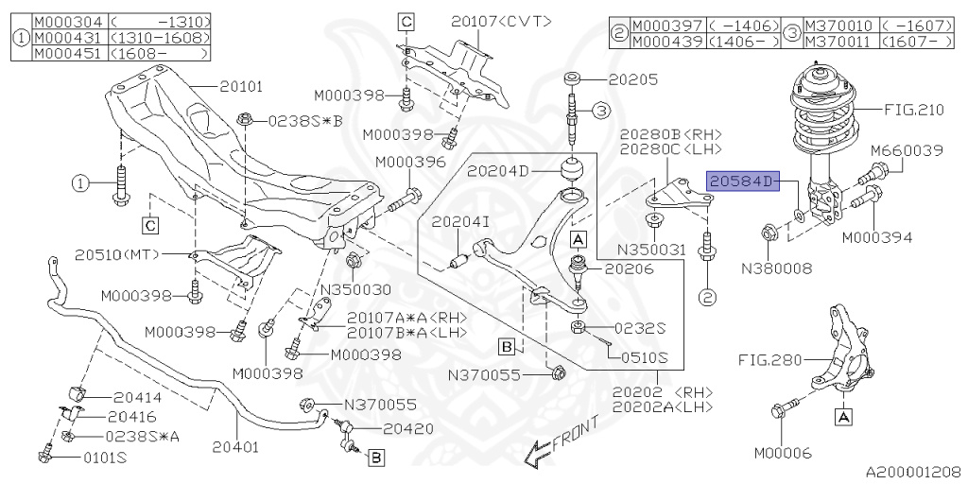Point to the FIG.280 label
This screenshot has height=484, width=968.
[x=769, y=360]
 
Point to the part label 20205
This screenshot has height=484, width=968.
[x=633, y=80]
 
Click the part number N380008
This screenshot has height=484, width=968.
[x=776, y=268]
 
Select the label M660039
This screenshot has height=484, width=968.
[x=907, y=150]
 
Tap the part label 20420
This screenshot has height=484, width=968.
[x=408, y=428]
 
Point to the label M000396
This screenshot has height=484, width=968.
[x=409, y=163]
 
